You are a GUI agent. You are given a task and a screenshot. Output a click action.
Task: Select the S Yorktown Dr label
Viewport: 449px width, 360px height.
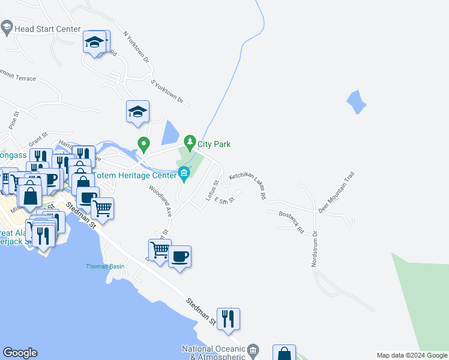point(166,91)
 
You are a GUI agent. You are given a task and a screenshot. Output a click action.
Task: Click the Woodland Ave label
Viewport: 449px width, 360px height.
point(161,200)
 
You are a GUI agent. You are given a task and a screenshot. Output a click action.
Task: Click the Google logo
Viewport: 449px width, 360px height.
point(20,353)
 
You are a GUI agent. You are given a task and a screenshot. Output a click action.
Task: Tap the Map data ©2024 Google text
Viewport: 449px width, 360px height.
point(412,355)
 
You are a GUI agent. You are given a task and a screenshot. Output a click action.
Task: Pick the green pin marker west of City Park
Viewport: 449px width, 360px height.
point(143,144)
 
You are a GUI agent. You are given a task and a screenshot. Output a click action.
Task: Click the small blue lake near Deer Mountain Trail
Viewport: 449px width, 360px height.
point(357,102)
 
